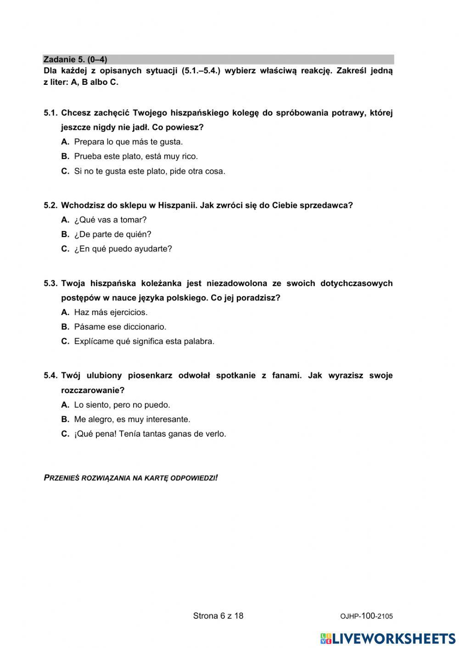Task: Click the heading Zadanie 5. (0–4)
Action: pos(75,60)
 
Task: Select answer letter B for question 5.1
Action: pos(65,156)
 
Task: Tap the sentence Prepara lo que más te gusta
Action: pos(128,142)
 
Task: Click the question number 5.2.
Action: pos(50,205)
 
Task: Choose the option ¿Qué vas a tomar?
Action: pos(110,220)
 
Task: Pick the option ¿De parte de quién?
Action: pos(112,234)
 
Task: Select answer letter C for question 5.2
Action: pos(65,249)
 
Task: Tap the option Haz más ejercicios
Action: pos(111,312)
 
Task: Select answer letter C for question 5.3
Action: pos(65,342)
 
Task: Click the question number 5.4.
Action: pos(50,376)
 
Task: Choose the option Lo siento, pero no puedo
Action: pos(122,405)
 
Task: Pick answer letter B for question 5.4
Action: pos(65,420)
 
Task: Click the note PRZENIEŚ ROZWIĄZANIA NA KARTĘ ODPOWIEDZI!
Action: pos(131,478)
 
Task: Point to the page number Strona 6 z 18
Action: pos(218,616)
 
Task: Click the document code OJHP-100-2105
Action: pos(366,616)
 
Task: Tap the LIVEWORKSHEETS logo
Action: pos(388,638)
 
